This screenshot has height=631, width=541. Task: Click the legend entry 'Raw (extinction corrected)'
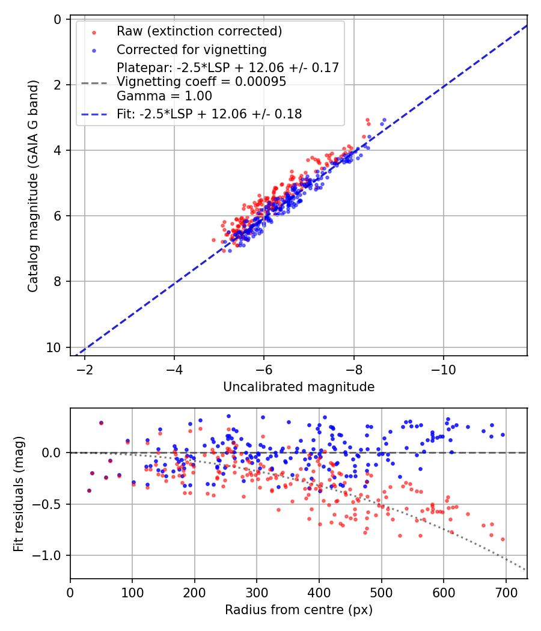(x=199, y=31)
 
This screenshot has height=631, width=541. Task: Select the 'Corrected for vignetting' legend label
(x=191, y=49)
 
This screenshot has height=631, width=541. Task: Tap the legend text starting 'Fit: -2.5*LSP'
(x=209, y=114)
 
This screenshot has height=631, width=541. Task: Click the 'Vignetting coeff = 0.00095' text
(x=201, y=82)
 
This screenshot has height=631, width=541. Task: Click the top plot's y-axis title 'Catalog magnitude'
(x=34, y=186)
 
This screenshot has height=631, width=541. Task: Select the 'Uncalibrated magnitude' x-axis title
(x=299, y=387)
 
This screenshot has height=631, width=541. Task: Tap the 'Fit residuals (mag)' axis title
(x=19, y=493)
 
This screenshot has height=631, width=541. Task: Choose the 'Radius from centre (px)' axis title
(x=299, y=610)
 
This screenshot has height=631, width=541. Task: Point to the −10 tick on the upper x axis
(x=443, y=367)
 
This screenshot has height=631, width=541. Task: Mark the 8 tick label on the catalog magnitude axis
(x=57, y=281)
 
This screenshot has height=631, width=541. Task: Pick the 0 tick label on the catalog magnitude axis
(x=57, y=19)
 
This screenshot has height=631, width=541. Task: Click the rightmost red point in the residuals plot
(x=503, y=539)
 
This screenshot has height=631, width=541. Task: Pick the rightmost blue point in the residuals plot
(x=503, y=434)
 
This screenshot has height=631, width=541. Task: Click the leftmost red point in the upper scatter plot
(x=213, y=240)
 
